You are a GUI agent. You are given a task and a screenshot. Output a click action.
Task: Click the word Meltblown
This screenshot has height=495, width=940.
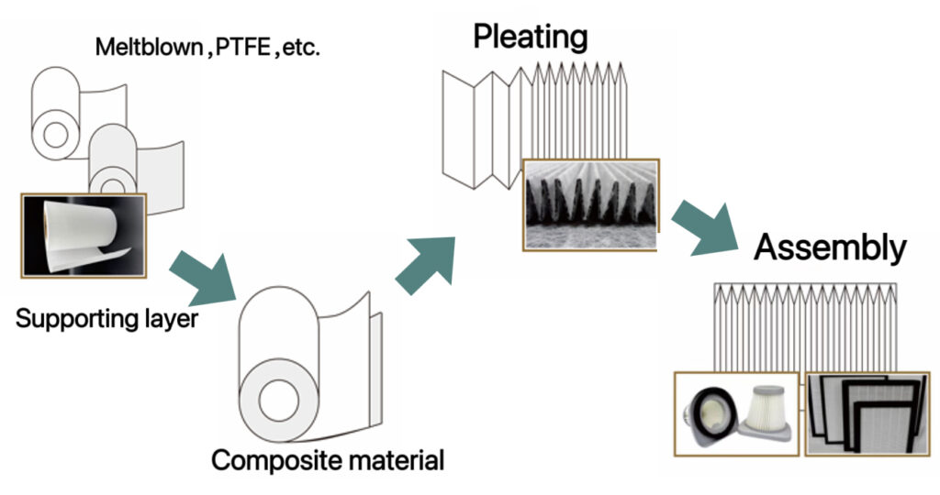pos(147,48)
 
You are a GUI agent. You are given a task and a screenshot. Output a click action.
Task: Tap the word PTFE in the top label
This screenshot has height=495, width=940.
pos(241,48)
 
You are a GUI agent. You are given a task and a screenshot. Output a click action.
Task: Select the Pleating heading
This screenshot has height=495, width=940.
pos(530,37)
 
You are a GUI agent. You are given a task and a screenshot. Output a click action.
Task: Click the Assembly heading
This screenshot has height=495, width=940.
pos(831,247)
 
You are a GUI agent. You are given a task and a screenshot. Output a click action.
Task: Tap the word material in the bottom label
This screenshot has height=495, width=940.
pos(392,460)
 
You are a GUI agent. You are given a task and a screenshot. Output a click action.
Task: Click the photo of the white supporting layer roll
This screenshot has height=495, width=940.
pos(83,236)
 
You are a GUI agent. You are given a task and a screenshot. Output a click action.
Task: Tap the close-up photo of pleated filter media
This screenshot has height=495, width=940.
pos(590,203)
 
